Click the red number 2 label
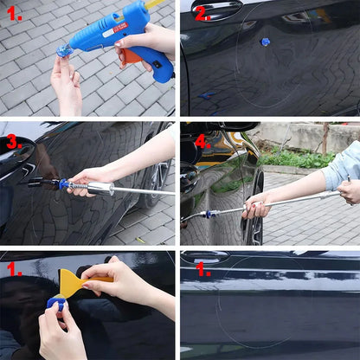202,13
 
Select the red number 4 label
202,140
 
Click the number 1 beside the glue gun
15,15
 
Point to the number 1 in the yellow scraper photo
15,268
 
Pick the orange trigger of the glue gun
130,57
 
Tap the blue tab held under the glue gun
63,52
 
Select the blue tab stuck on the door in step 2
265,42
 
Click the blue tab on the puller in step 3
63,184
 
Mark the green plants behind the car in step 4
299,158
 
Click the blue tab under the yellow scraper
56,302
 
